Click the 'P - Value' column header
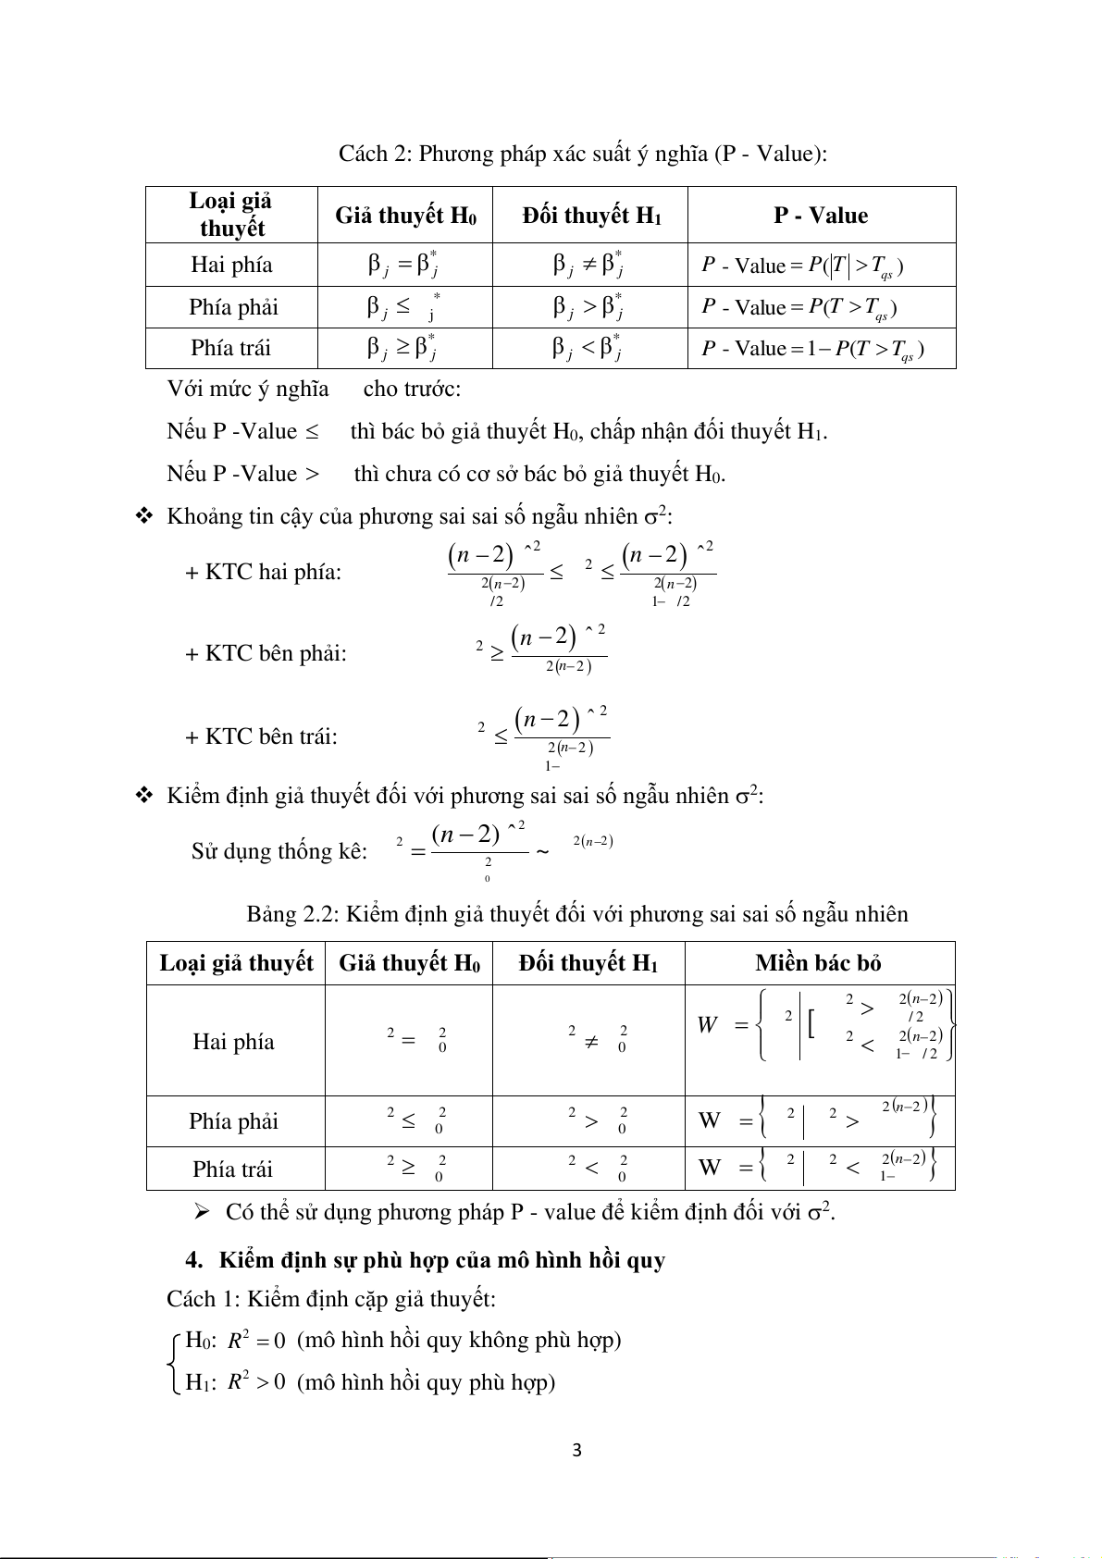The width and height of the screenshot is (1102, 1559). click(821, 216)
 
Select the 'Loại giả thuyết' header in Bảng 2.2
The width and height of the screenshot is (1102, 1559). click(236, 963)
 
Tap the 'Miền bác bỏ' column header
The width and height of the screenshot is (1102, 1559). click(818, 963)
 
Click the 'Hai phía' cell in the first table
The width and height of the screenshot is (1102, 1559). click(231, 265)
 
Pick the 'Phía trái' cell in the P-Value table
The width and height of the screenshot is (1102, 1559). click(231, 348)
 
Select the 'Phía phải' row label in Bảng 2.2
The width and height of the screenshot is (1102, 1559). click(233, 1121)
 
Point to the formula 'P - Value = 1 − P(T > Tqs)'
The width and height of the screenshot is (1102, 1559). click(812, 349)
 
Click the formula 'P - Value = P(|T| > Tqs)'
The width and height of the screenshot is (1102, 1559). click(802, 266)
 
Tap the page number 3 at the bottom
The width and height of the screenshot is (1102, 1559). click(577, 1451)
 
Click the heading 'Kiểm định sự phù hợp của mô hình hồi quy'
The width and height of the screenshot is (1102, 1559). click(442, 1260)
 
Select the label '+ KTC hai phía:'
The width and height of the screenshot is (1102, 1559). click(263, 572)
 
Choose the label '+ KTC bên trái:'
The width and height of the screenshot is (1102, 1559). click(261, 736)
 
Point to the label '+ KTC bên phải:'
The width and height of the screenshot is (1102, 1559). click(266, 653)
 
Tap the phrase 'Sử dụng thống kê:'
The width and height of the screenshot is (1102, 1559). click(279, 851)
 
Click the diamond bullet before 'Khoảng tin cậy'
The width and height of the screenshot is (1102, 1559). click(144, 516)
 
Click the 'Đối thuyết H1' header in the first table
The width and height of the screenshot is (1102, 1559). click(591, 216)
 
